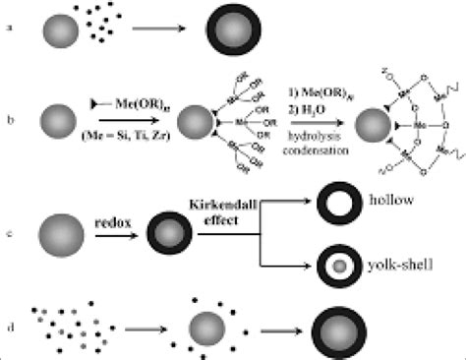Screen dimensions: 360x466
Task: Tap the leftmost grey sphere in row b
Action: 52,122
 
